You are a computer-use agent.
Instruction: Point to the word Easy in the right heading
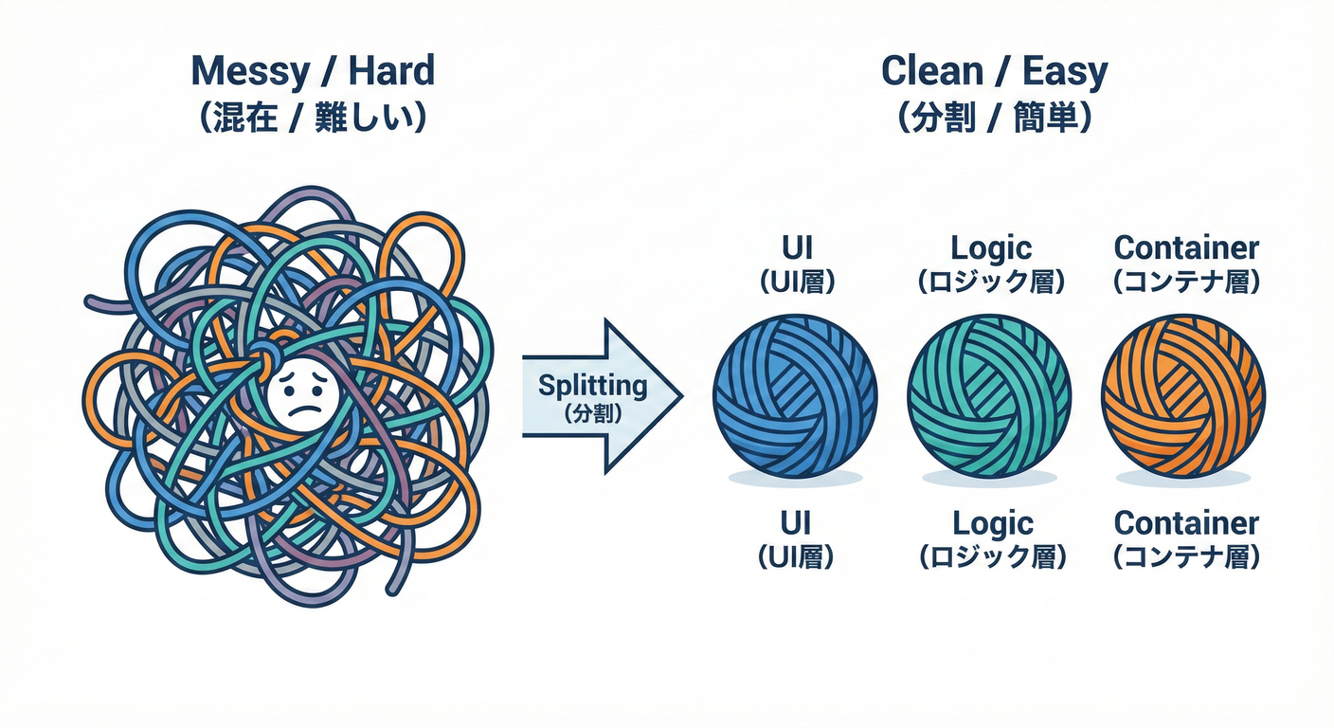[1066, 72]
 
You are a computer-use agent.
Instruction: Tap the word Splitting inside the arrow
[592, 386]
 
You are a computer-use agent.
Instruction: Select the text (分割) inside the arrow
[592, 413]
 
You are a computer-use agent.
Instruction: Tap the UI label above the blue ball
[795, 248]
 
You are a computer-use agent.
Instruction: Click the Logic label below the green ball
[991, 523]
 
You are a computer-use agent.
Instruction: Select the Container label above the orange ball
[1186, 248]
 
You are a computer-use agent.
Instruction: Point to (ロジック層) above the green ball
[991, 282]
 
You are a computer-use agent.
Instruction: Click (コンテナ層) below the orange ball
[1186, 556]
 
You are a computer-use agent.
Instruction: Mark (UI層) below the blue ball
[795, 556]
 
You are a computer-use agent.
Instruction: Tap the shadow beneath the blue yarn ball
[795, 480]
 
